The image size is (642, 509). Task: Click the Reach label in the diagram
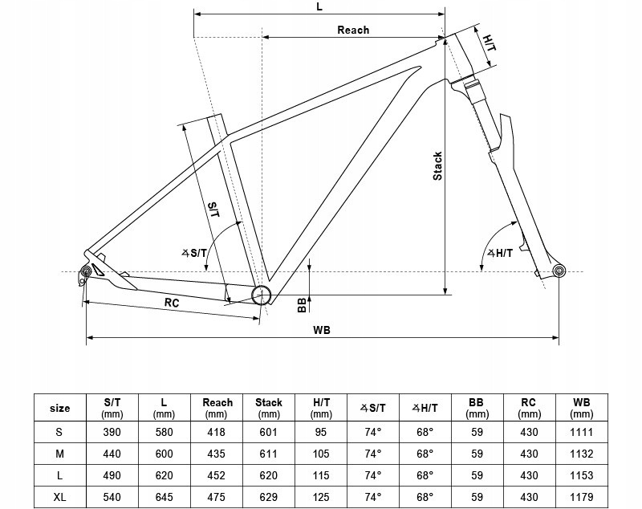[x=353, y=30]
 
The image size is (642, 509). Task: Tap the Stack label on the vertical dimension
[x=437, y=166]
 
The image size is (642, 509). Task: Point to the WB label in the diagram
[x=322, y=330]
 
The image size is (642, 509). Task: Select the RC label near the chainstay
[x=172, y=303]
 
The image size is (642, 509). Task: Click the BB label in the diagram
[x=302, y=304]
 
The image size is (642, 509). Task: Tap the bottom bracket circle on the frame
[x=261, y=295]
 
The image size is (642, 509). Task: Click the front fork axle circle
[x=559, y=271]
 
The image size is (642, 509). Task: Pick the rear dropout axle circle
[x=86, y=271]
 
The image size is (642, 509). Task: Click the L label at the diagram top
[x=319, y=7]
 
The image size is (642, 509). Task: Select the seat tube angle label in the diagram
[x=194, y=253]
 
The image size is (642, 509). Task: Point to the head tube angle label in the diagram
[x=499, y=253]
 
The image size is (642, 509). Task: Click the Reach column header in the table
[x=217, y=408]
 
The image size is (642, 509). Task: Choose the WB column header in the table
[x=581, y=408]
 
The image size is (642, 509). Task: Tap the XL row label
[x=59, y=497]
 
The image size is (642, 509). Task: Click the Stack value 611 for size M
[x=269, y=454]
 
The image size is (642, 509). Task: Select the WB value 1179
[x=581, y=497]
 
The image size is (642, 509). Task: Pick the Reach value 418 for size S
[x=216, y=432]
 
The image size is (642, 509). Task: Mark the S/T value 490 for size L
[x=112, y=475]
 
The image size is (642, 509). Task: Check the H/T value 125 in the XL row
[x=320, y=497]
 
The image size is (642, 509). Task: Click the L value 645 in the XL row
[x=164, y=497]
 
